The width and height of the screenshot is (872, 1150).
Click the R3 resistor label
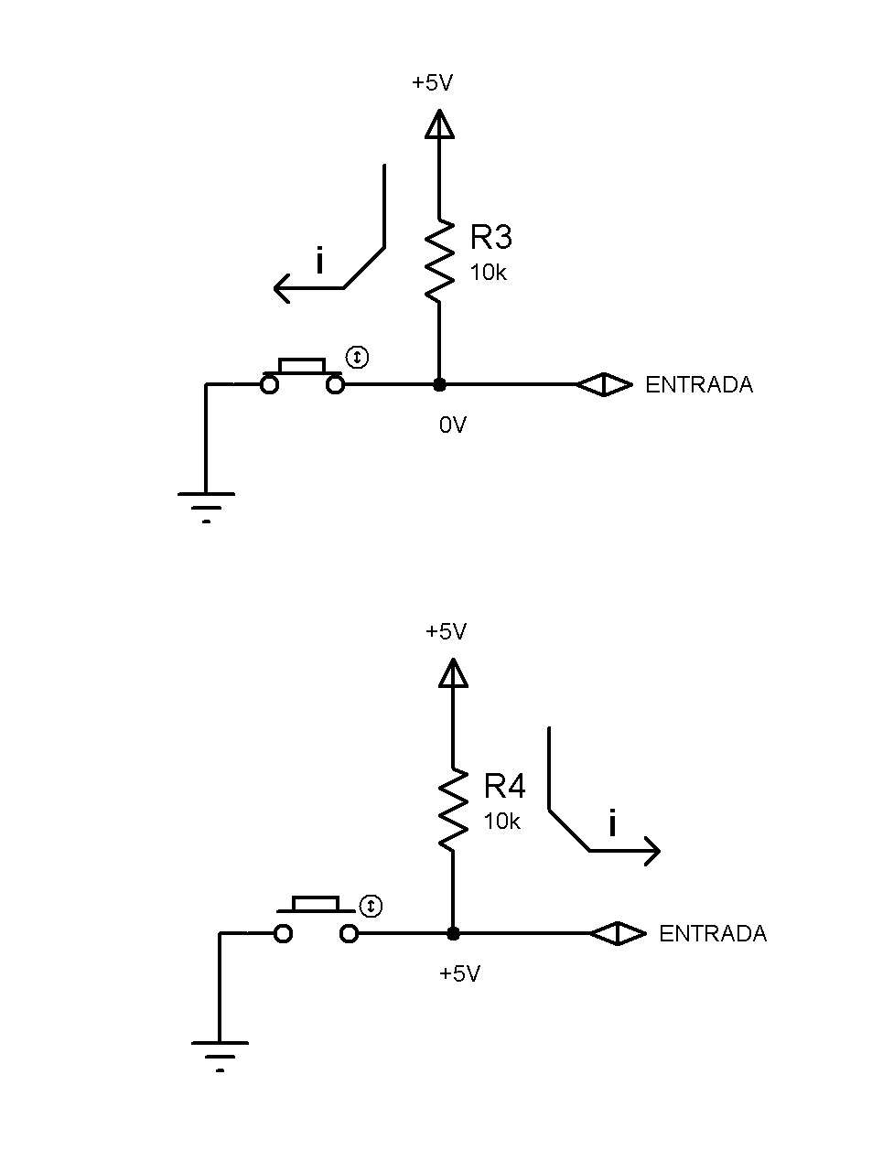coord(490,236)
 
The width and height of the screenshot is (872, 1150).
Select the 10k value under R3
coord(488,273)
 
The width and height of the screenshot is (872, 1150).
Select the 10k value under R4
coord(501,821)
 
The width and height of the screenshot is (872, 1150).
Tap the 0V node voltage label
coord(452,425)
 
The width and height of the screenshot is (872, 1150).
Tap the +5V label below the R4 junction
coord(459,973)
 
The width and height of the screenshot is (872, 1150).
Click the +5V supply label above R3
coord(432,82)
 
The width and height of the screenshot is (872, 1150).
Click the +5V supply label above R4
coord(446,631)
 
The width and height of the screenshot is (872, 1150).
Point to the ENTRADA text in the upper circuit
coord(698,385)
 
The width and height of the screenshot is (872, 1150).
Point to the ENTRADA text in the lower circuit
coord(713,933)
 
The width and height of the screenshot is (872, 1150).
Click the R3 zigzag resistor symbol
coord(439,261)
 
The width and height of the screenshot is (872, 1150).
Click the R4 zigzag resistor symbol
coord(453,810)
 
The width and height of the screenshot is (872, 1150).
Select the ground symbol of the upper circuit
coord(206,507)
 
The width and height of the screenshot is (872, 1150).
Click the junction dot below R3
coord(439,385)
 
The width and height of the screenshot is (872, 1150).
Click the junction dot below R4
coord(453,933)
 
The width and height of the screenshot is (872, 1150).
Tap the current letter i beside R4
coord(612,822)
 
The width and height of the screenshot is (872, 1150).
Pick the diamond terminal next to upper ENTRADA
coord(604,385)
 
